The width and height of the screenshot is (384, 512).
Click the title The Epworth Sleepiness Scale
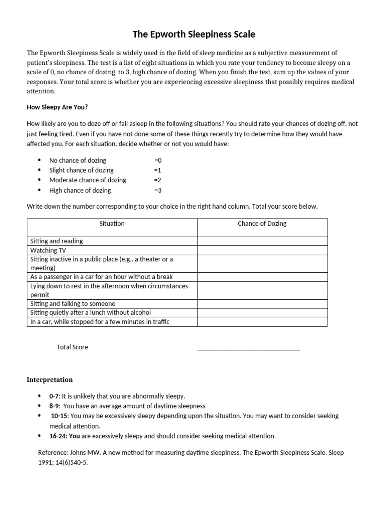point(193,34)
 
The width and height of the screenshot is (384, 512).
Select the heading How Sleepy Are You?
point(57,107)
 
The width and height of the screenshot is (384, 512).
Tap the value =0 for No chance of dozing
point(158,160)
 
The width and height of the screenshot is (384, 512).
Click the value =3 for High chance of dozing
point(158,190)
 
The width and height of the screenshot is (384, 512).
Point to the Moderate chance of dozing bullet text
point(88,180)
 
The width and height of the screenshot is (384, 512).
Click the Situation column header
point(112,224)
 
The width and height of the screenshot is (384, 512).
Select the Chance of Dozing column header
point(262,224)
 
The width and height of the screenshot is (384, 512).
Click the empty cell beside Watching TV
point(262,250)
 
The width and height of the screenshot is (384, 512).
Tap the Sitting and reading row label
point(57,241)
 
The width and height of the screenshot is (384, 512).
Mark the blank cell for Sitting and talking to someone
point(262,304)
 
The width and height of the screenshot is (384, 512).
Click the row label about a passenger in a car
point(101,277)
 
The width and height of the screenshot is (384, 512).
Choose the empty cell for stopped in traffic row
point(262,322)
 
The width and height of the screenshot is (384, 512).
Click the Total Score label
point(72,347)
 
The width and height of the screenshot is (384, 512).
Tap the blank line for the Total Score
point(249,348)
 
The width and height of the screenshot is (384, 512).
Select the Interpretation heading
point(50,380)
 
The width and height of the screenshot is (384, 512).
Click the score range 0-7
point(54,396)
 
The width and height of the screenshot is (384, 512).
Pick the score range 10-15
point(59,416)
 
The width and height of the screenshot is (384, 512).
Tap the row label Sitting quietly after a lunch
point(90,313)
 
